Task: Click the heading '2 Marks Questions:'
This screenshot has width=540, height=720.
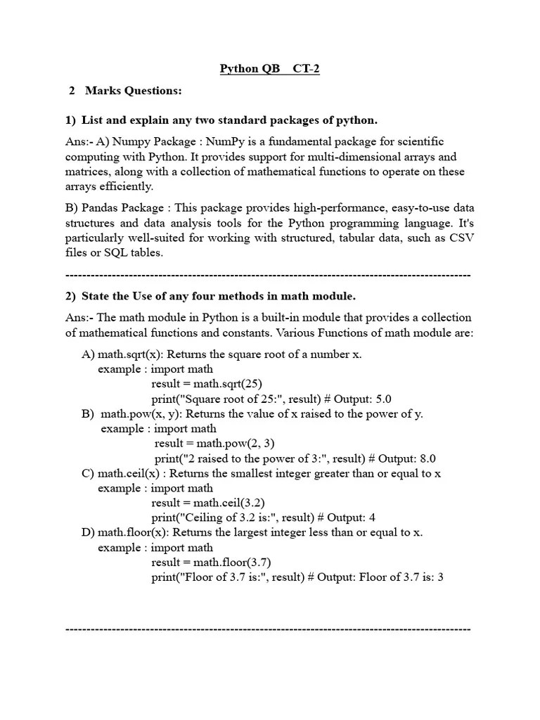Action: [x=125, y=91]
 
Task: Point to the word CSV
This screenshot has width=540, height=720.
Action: [x=461, y=238]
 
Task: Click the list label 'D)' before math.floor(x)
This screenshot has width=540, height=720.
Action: [x=88, y=532]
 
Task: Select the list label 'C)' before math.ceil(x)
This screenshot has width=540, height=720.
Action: [x=88, y=473]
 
